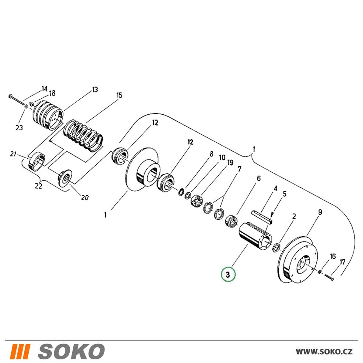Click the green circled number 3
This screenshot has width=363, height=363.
click(228, 274)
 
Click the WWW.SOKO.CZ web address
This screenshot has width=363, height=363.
click(324, 352)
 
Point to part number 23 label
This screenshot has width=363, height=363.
click(19, 127)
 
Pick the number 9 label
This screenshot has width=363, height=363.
click(320, 212)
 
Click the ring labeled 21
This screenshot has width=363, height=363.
click(36, 162)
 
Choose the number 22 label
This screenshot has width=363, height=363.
click(38, 185)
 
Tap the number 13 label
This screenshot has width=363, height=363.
click(95, 90)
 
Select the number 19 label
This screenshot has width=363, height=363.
click(230, 163)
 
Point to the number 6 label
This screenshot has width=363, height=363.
click(258, 178)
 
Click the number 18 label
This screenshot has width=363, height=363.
click(52, 93)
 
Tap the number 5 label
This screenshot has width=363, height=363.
click(285, 193)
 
